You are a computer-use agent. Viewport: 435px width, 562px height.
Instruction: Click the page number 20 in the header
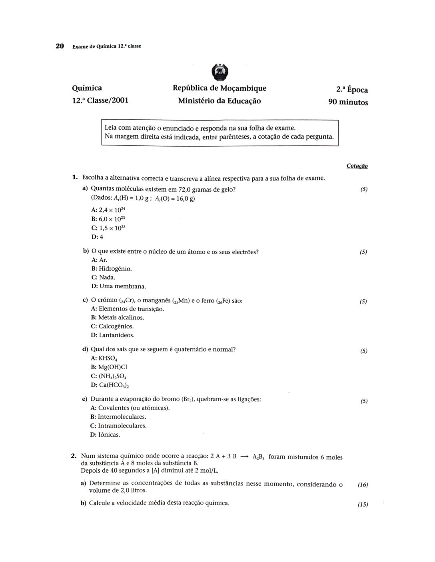[x=60, y=46]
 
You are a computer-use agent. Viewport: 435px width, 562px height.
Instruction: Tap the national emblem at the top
[x=219, y=72]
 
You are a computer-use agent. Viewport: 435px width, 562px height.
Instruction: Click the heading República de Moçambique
[x=219, y=88]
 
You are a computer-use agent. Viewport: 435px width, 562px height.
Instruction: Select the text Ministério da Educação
[x=219, y=101]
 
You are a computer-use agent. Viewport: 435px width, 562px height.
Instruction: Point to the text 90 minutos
[x=348, y=102]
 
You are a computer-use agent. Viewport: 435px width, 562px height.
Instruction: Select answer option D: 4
[x=97, y=237]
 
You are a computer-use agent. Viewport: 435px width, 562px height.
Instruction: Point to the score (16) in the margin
[x=363, y=485]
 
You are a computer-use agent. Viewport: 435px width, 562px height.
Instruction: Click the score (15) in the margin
[x=363, y=504]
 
